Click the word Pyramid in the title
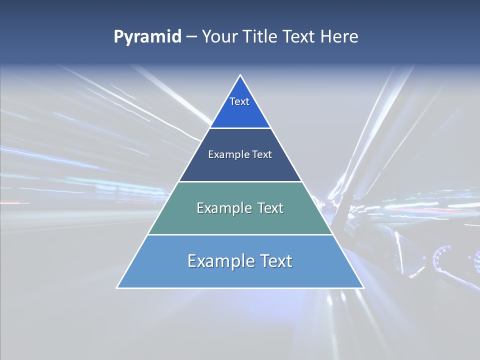147,37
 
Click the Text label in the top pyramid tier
239,101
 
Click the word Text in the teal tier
270,208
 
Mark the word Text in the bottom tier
276,261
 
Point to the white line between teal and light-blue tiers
240,234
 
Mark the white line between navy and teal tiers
240,181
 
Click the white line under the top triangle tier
240,128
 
